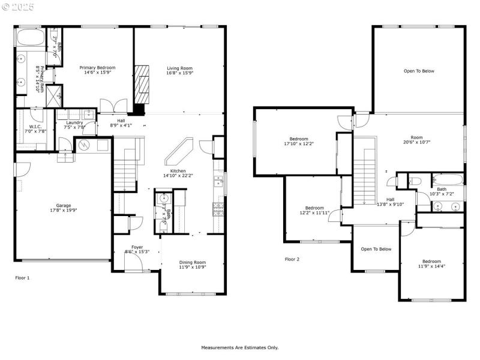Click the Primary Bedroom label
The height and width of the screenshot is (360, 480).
click(x=98, y=68)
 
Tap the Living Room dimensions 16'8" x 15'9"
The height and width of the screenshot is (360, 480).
click(x=179, y=73)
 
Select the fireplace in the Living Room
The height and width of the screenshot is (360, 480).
click(x=142, y=83)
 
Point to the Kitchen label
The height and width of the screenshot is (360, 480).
click(x=178, y=171)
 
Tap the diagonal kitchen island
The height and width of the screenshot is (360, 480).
click(x=179, y=152)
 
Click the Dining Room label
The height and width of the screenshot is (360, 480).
click(x=192, y=262)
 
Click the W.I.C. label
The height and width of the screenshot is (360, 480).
click(x=34, y=127)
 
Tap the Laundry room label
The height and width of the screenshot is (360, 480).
click(x=74, y=122)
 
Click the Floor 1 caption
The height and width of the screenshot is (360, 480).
click(x=22, y=278)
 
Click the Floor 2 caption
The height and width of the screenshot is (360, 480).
click(x=292, y=259)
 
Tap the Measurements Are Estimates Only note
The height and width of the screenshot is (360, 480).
click(x=239, y=347)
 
